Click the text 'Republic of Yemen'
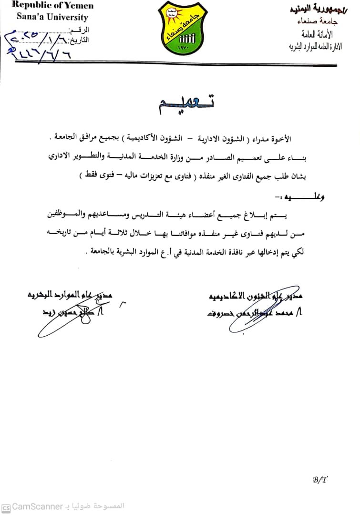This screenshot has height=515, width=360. [52, 6]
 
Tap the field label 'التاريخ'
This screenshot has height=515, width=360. [81, 40]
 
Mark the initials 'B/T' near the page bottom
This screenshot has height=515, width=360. [319, 480]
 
